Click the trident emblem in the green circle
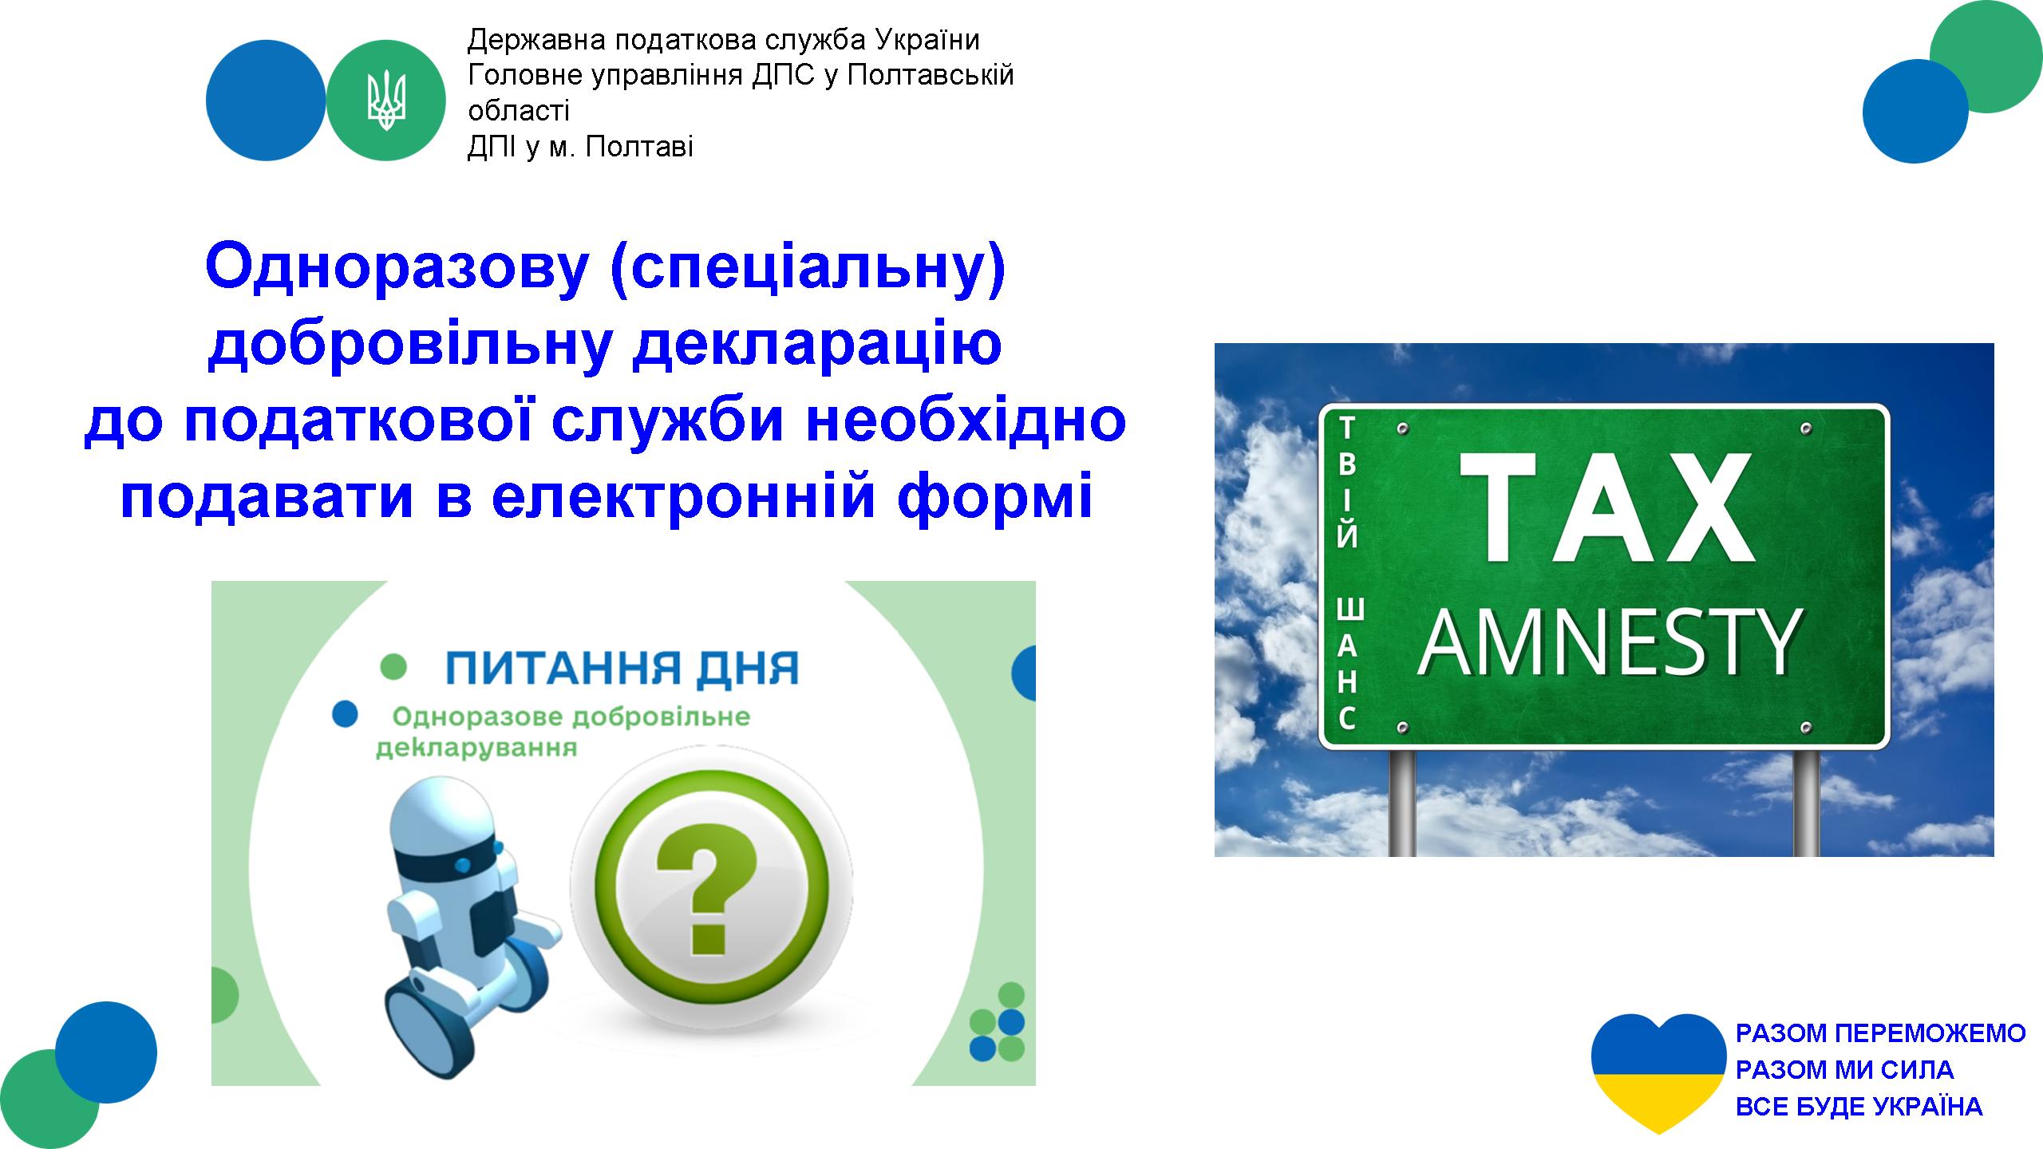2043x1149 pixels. (386, 101)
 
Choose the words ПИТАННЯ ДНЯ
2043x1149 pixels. (622, 669)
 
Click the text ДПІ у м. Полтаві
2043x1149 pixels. (580, 147)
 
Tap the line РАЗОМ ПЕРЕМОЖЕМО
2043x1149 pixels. (1881, 1033)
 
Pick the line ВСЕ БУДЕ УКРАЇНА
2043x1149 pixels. (1859, 1106)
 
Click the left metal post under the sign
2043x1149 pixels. (1402, 803)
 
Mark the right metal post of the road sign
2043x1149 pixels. (1806, 803)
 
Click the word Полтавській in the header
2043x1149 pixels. (930, 77)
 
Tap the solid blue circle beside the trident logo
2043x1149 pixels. (266, 101)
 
